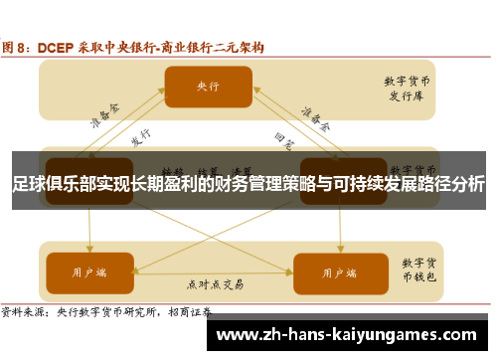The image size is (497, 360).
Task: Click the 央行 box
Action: [208, 87]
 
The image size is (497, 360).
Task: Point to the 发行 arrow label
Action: [140, 136]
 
